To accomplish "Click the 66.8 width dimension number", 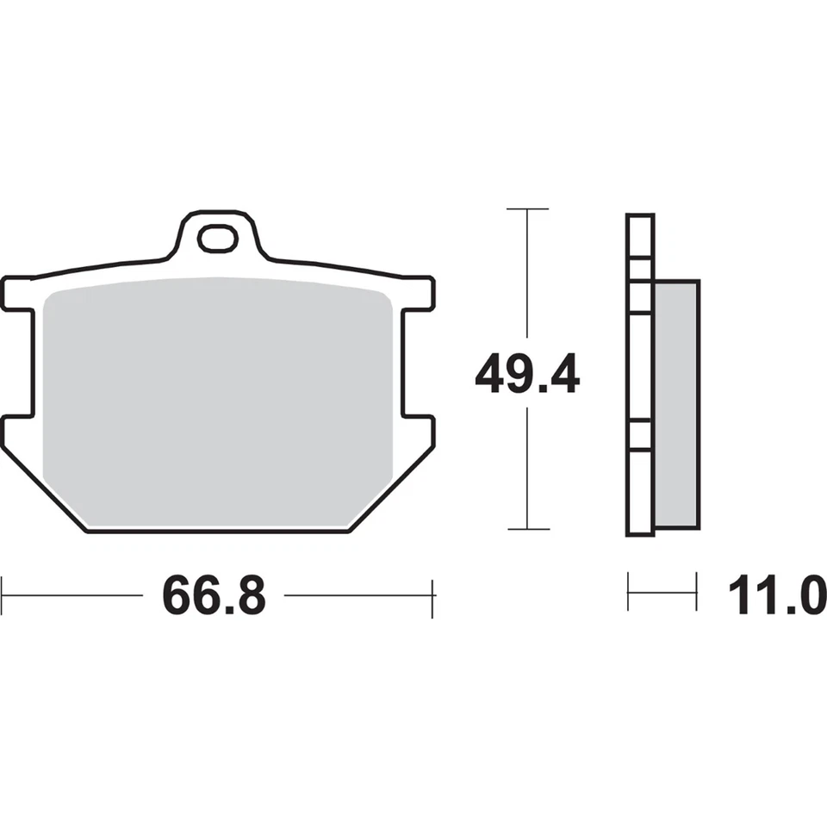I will tap(214, 595).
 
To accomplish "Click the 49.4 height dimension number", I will tap(527, 376).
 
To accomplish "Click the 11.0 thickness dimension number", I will tap(776, 595).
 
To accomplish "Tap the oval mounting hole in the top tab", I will tap(217, 239).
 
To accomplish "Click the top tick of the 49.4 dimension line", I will tap(527, 209).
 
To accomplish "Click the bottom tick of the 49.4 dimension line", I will tap(527, 528).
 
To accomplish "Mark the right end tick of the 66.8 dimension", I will tap(432, 595).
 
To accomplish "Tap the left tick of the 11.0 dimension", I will tap(629, 592).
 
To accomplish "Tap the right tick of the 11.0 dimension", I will tap(696, 592).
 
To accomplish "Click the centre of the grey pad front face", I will tap(219, 405).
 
